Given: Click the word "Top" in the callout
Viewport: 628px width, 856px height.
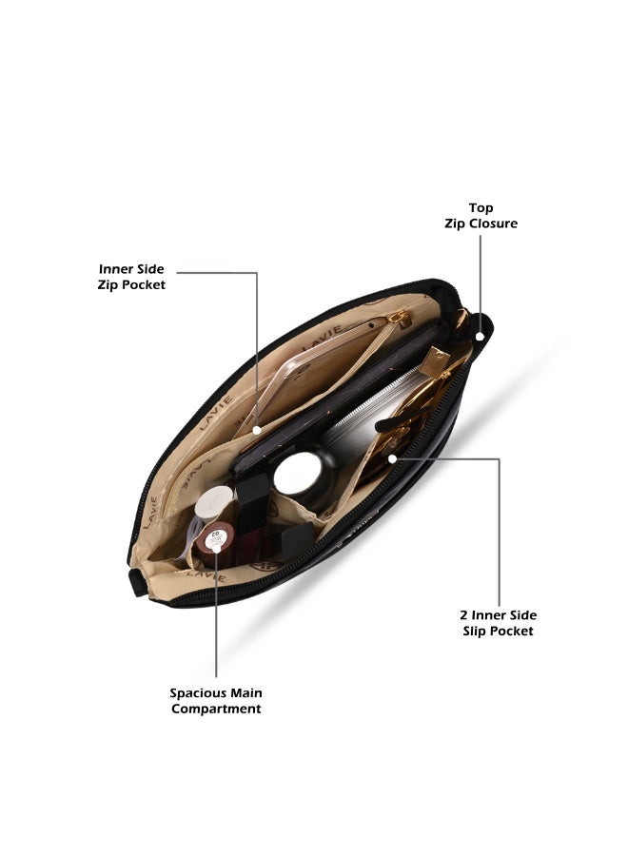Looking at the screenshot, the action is (x=481, y=208).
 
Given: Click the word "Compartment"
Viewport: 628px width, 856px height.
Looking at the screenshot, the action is (x=216, y=710).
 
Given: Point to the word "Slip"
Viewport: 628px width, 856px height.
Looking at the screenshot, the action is (x=474, y=632).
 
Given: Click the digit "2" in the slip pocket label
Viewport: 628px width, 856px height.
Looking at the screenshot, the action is (x=463, y=615).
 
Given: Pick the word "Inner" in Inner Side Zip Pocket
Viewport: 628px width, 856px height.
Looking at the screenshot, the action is (x=116, y=269).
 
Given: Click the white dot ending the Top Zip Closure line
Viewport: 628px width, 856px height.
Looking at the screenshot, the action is (x=480, y=337).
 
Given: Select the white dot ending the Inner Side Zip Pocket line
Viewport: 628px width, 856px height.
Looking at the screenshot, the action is (x=257, y=430).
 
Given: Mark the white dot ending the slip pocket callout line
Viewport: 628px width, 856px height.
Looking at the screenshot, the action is (x=392, y=459).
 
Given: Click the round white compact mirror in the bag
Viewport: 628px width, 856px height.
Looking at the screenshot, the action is (x=298, y=474).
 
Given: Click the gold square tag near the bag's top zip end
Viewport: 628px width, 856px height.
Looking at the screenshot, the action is (x=436, y=360).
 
